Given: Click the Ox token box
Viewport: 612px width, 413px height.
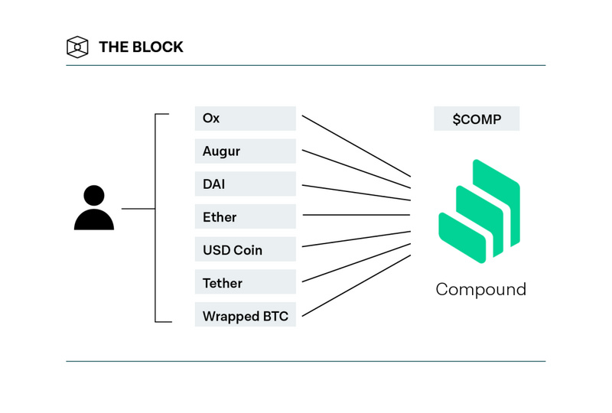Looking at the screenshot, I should pyautogui.click(x=245, y=119).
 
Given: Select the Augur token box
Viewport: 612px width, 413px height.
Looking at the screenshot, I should pyautogui.click(x=245, y=151).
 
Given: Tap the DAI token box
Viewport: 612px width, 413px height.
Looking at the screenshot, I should pyautogui.click(x=245, y=184).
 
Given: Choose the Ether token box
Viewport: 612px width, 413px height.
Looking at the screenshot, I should pyautogui.click(x=245, y=217).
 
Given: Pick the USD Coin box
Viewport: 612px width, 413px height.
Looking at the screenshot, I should pyautogui.click(x=245, y=250).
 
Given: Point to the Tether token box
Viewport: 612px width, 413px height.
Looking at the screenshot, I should pyautogui.click(x=245, y=283).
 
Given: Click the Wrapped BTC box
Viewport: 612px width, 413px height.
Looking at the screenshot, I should pyautogui.click(x=245, y=316).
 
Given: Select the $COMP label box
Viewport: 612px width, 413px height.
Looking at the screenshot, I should pyautogui.click(x=477, y=119).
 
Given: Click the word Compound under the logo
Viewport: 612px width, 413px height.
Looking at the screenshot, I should pyautogui.click(x=480, y=290).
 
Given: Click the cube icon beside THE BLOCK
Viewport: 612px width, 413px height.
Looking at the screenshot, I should pyautogui.click(x=77, y=47).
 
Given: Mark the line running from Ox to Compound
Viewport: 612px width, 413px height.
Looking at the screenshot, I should pyautogui.click(x=356, y=146).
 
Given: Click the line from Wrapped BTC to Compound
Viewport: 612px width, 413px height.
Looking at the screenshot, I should pyautogui.click(x=356, y=285).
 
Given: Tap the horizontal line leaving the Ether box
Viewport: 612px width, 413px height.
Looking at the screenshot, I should pyautogui.click(x=356, y=215).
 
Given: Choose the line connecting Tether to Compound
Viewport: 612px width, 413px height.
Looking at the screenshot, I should pyautogui.click(x=356, y=263).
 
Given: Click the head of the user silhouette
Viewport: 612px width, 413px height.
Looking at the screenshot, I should pyautogui.click(x=94, y=196).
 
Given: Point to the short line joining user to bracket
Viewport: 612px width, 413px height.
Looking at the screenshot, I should pyautogui.click(x=138, y=208).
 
